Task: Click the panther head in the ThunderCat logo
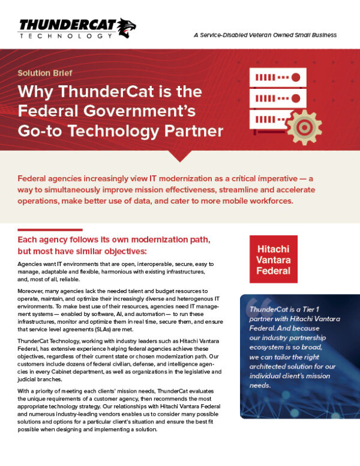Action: pyautogui.click(x=125, y=26)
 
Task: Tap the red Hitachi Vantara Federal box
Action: pyautogui.click(x=274, y=259)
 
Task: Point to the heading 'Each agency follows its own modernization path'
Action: pyautogui.click(x=113, y=240)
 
